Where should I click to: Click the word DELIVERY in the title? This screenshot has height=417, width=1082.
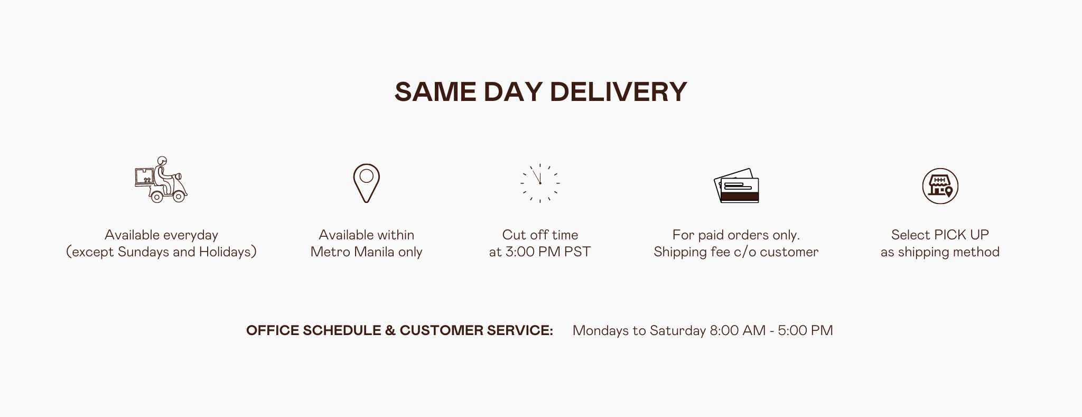point(619,91)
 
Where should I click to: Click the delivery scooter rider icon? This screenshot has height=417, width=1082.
point(161,180)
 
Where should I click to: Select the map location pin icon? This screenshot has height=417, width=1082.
point(367,183)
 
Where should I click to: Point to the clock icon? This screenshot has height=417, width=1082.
point(540,183)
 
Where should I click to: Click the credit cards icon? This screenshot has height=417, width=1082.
point(736,186)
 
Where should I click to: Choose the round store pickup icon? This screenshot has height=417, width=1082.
point(940,186)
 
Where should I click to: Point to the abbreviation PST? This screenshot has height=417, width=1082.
point(577,252)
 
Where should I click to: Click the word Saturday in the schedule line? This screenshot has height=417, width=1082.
point(678,331)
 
